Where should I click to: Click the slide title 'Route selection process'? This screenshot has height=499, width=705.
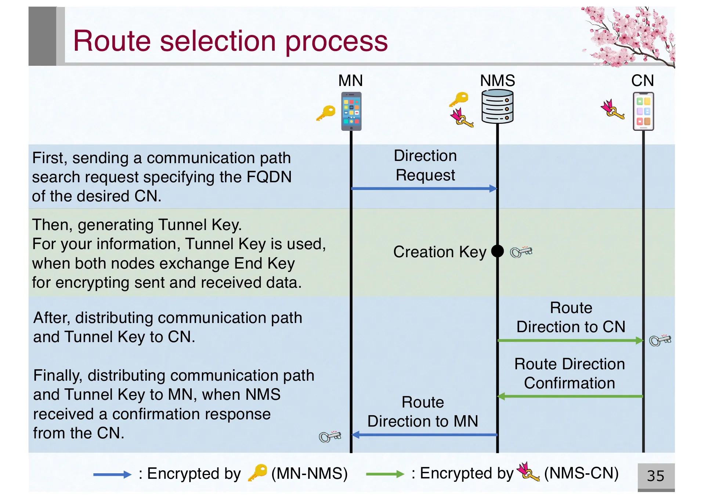230,41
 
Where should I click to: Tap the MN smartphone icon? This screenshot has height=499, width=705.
351,111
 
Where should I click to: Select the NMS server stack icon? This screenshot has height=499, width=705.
497,107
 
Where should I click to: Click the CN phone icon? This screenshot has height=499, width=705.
643,111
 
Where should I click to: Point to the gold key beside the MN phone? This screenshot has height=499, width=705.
326,112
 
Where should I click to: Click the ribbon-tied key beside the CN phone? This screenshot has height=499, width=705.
612,110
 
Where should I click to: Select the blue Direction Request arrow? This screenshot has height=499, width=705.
424,189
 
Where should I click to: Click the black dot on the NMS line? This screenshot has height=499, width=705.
497,251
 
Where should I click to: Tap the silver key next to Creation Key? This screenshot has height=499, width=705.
521,252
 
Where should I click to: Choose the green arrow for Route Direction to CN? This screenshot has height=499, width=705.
570,341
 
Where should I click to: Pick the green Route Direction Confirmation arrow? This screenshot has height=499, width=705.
570,396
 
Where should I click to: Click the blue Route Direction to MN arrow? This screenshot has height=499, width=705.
424,435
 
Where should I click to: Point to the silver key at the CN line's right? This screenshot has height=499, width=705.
660,340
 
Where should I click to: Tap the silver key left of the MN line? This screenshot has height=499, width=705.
330,436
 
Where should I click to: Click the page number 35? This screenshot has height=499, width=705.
655,476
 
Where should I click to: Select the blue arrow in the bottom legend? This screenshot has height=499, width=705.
112,474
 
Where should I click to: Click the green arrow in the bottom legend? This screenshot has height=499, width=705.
385,474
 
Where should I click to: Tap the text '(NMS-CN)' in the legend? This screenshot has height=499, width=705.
581,473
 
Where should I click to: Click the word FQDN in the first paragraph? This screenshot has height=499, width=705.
269,177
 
